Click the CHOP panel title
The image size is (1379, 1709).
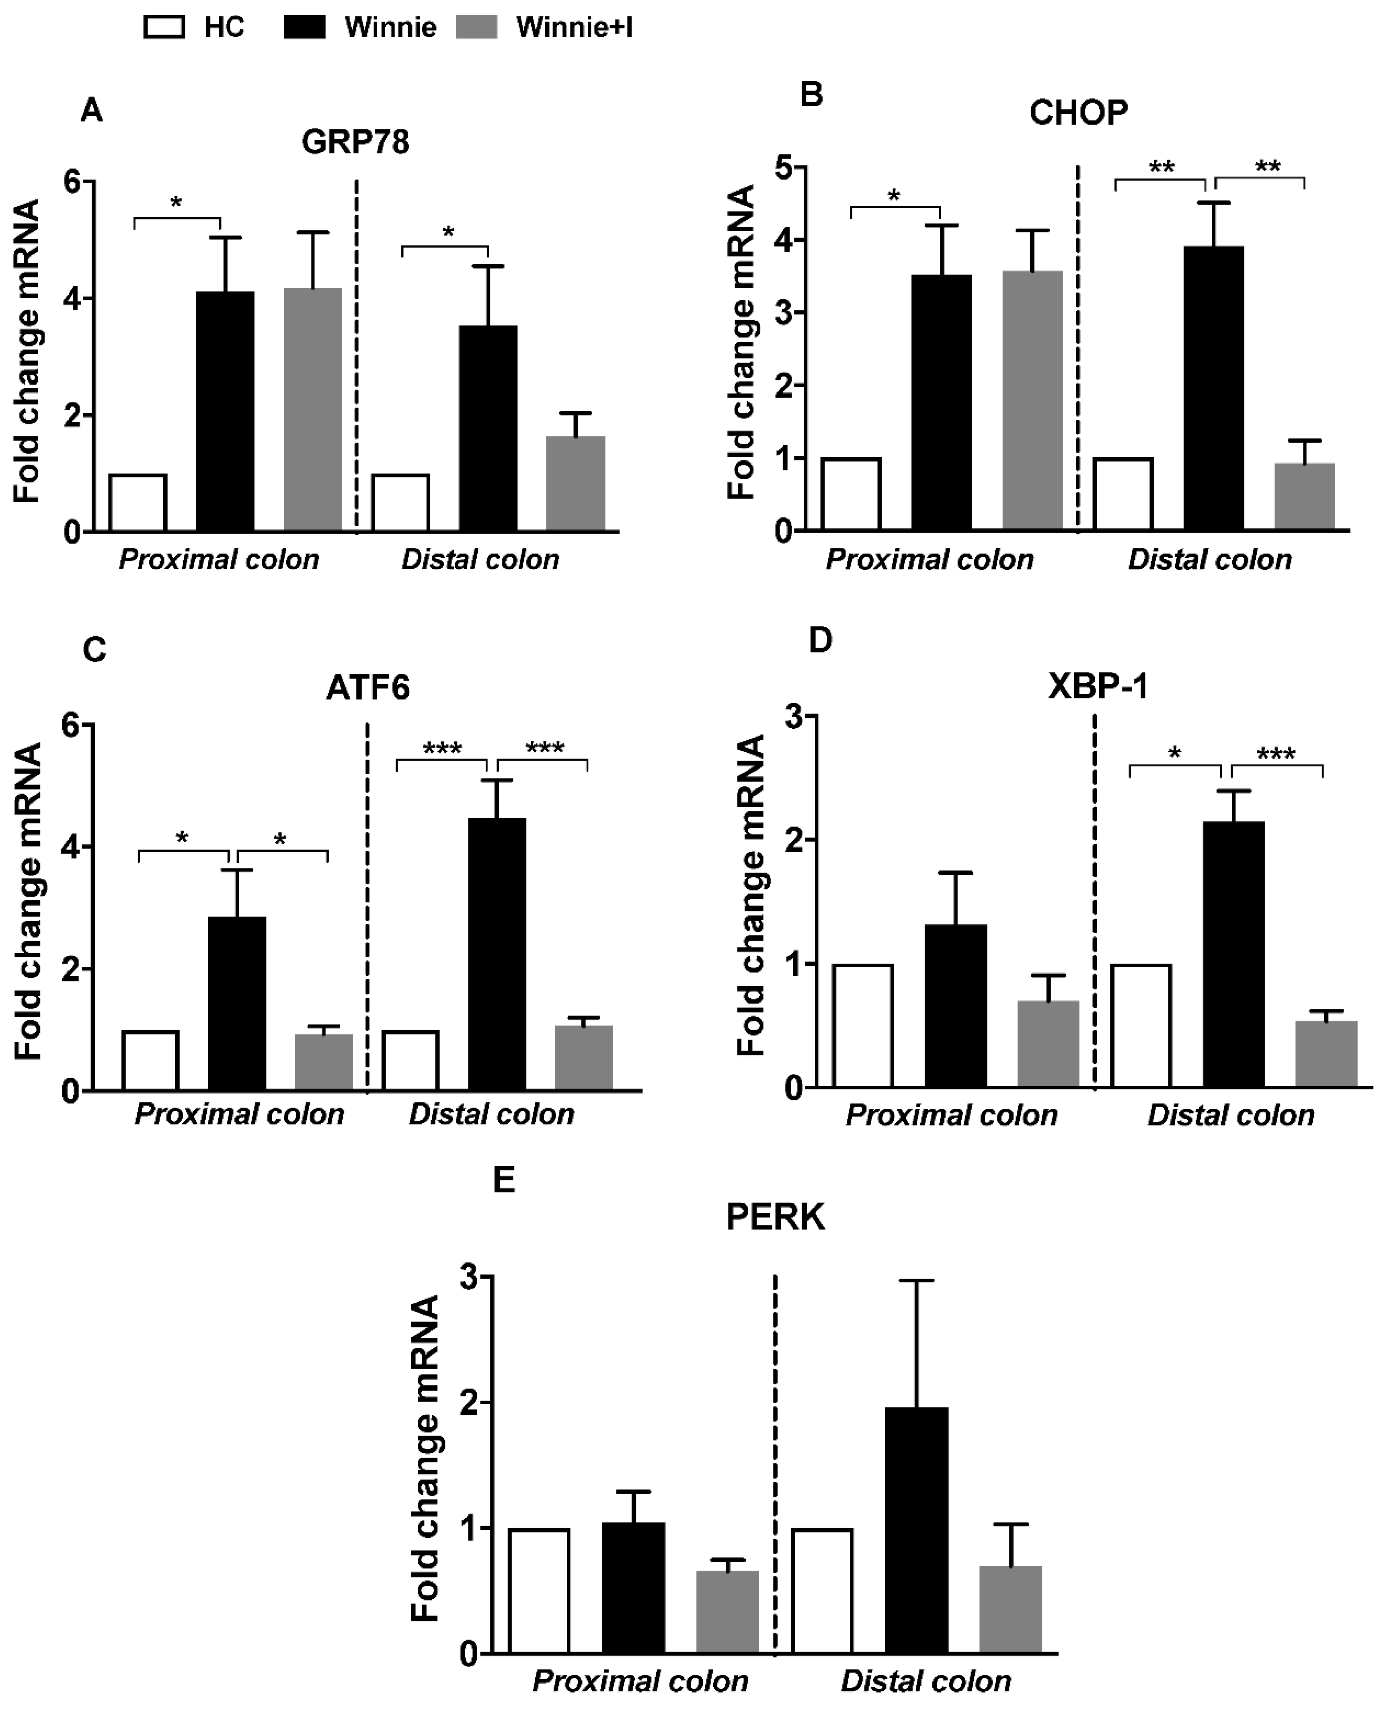[1078, 113]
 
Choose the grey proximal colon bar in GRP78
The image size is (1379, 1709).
[313, 410]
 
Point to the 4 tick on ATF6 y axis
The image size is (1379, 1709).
[72, 847]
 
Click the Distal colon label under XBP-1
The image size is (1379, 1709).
[1231, 1115]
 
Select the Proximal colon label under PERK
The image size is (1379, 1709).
[640, 1680]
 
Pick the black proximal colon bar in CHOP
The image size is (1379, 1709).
[941, 403]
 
